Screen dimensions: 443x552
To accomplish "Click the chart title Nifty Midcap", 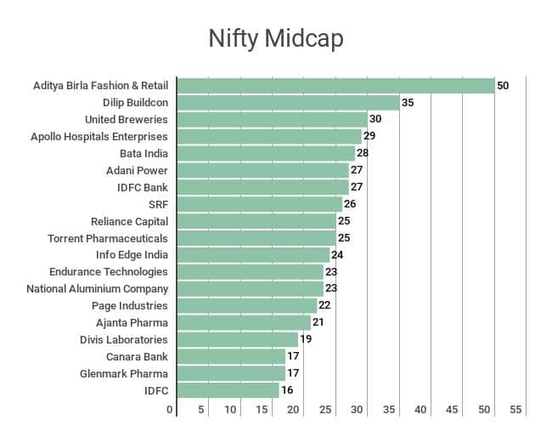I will (275, 39).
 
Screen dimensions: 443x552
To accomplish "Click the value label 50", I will (503, 86).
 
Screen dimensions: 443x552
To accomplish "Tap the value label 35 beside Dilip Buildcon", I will (408, 103).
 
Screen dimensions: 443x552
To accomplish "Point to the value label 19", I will (306, 339).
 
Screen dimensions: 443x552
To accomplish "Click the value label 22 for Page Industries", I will (324, 305).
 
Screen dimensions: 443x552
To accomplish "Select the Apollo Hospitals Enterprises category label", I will (99, 136).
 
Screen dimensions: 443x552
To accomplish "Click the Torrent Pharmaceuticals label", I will (108, 238).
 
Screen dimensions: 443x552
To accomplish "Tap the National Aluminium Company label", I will (98, 288).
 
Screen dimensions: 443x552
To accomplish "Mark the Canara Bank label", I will (137, 356).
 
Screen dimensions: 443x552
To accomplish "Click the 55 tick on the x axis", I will (515, 410).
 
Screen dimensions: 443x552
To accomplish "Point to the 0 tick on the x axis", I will (170, 410).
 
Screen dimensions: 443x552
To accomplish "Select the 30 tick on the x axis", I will (358, 410).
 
